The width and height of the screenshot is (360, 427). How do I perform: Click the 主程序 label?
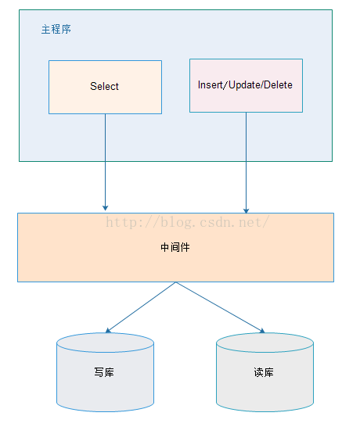pyautogui.click(x=56, y=30)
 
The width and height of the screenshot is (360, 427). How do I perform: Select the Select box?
pyautogui.click(x=105, y=87)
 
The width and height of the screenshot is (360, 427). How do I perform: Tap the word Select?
pyautogui.click(x=104, y=86)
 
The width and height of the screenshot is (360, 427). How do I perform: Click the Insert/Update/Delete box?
pyautogui.click(x=246, y=85)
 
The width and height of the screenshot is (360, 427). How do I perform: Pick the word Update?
pyautogui.click(x=244, y=85)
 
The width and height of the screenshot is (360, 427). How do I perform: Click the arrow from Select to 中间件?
pyautogui.click(x=105, y=163)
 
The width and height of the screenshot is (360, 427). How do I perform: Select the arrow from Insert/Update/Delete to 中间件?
pyautogui.click(x=246, y=163)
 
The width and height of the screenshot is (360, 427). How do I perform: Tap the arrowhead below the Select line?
pyautogui.click(x=105, y=208)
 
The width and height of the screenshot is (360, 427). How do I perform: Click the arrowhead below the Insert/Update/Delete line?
pyautogui.click(x=246, y=211)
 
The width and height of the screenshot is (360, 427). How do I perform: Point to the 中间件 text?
pyautogui.click(x=175, y=247)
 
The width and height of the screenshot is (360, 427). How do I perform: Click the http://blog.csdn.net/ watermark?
pyautogui.click(x=188, y=222)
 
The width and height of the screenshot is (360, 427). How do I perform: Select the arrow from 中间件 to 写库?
pyautogui.click(x=141, y=307)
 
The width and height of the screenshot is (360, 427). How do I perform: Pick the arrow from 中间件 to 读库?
pyautogui.click(x=221, y=307)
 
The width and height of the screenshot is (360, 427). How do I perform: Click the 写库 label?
pyautogui.click(x=104, y=372)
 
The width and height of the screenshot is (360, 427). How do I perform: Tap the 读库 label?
pyautogui.click(x=264, y=372)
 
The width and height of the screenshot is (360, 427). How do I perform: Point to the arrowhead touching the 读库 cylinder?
pyautogui.click(x=262, y=331)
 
